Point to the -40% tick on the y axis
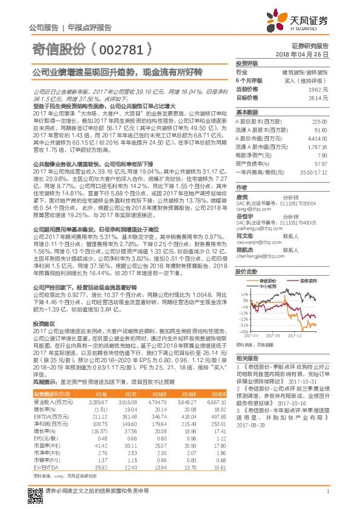tap(243, 331)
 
